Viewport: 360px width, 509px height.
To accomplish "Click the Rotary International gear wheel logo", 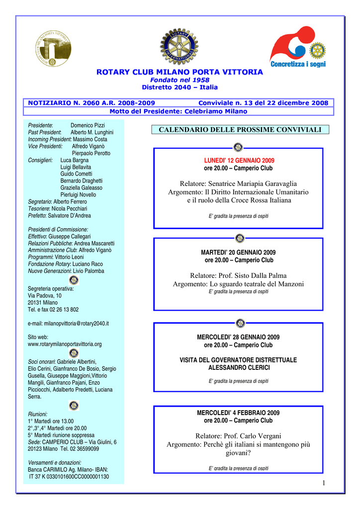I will pyautogui.click(x=179, y=46).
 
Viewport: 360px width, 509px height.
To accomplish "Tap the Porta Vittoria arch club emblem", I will pyautogui.click(x=53, y=48).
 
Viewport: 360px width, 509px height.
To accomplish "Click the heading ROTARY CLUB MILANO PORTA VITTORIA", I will pyautogui.click(x=180, y=72).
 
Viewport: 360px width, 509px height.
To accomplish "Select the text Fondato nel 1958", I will pyautogui.click(x=180, y=80).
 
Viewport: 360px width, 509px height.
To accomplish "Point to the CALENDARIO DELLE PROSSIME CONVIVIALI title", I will pyautogui.click(x=240, y=130).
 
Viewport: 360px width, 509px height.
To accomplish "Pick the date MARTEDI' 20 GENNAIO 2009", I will pyautogui.click(x=238, y=253).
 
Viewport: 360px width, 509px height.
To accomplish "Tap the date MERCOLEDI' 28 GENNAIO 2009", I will pyautogui.click(x=238, y=337).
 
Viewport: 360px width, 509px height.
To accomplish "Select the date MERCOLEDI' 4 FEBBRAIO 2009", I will pyautogui.click(x=238, y=413).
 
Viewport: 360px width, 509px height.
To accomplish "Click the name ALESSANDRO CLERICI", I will pyautogui.click(x=238, y=368).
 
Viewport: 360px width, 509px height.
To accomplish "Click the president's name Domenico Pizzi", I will pyautogui.click(x=88, y=125).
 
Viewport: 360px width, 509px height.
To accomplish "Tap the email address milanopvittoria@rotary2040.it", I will pyautogui.click(x=68, y=323).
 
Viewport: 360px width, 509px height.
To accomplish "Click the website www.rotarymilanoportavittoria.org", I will pyautogui.click(x=65, y=344).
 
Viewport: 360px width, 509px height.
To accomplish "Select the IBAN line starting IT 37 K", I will pyautogui.click(x=69, y=477).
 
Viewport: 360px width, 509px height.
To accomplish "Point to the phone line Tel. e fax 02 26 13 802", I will pyautogui.click(x=53, y=309).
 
